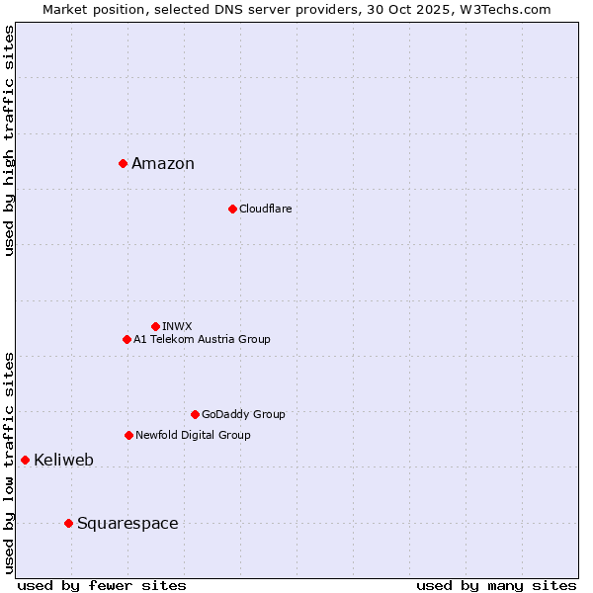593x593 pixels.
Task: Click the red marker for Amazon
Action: tap(123, 163)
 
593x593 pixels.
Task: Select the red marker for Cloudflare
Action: tap(232, 209)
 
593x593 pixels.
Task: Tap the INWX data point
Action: tap(155, 326)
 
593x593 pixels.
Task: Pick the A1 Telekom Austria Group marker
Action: tap(127, 339)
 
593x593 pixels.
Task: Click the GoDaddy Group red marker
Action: tap(195, 414)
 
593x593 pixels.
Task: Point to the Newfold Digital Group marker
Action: tap(128, 435)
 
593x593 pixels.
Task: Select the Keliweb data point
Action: tap(25, 460)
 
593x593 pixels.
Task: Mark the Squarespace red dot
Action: tap(68, 523)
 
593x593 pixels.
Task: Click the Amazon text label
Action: tap(163, 164)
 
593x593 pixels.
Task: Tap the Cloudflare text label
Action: tap(265, 210)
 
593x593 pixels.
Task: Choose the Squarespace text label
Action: tap(127, 524)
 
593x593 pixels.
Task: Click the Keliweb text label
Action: tap(63, 461)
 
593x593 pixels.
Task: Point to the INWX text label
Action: tap(177, 326)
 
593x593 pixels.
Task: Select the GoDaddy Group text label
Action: tap(243, 415)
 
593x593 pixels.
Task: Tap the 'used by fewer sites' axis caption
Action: tap(102, 585)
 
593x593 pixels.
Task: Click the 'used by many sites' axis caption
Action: tap(496, 585)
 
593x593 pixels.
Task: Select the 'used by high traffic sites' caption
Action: tap(9, 140)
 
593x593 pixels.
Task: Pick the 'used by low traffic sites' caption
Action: tap(9, 463)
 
